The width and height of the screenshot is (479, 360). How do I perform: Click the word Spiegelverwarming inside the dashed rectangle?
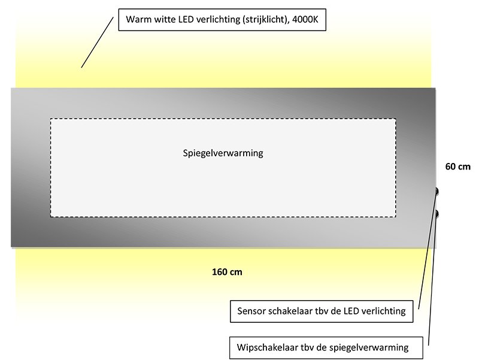[x=223, y=153]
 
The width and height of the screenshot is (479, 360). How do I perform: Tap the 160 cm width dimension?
[x=227, y=272]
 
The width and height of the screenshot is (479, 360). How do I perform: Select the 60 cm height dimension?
[x=457, y=167]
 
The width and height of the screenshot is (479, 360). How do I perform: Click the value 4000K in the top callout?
[x=305, y=20]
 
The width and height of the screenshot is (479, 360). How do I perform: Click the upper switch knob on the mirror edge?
[x=437, y=191]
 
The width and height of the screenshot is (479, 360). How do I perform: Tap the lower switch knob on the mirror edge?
[x=437, y=214]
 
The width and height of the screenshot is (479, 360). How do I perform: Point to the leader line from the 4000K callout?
[x=97, y=42]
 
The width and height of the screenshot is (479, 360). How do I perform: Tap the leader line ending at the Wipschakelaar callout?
[x=432, y=280]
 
